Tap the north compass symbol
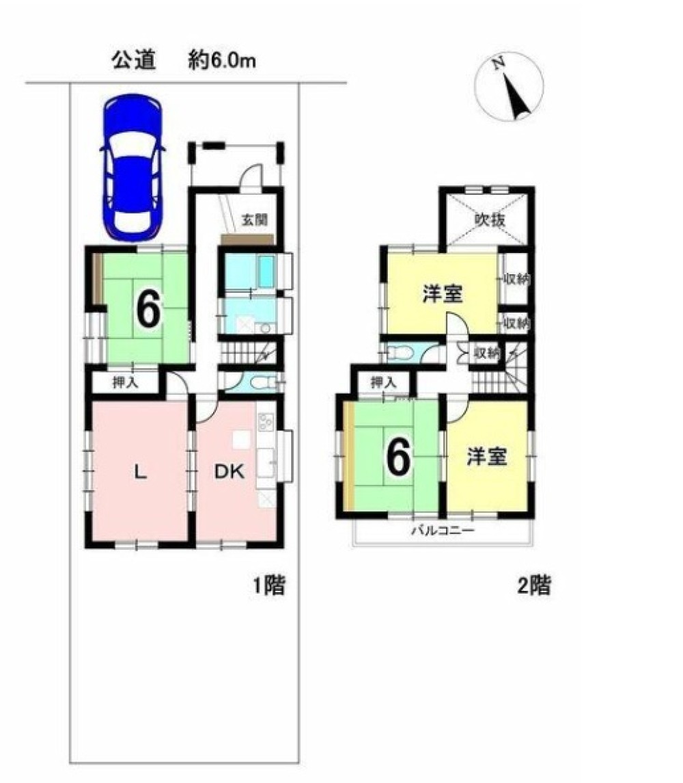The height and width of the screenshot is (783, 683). point(510,86)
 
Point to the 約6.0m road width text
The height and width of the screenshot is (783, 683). point(221,60)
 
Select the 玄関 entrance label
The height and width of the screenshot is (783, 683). point(255,220)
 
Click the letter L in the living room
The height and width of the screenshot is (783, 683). point(141,471)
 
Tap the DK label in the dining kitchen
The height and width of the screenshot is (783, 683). point(229,471)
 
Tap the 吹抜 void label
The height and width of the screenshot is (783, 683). point(490,220)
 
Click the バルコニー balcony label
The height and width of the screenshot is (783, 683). point(442,531)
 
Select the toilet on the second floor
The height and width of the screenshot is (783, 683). point(401,353)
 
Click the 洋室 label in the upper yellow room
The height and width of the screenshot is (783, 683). point(443,293)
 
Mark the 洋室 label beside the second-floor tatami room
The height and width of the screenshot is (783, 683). point(487,456)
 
